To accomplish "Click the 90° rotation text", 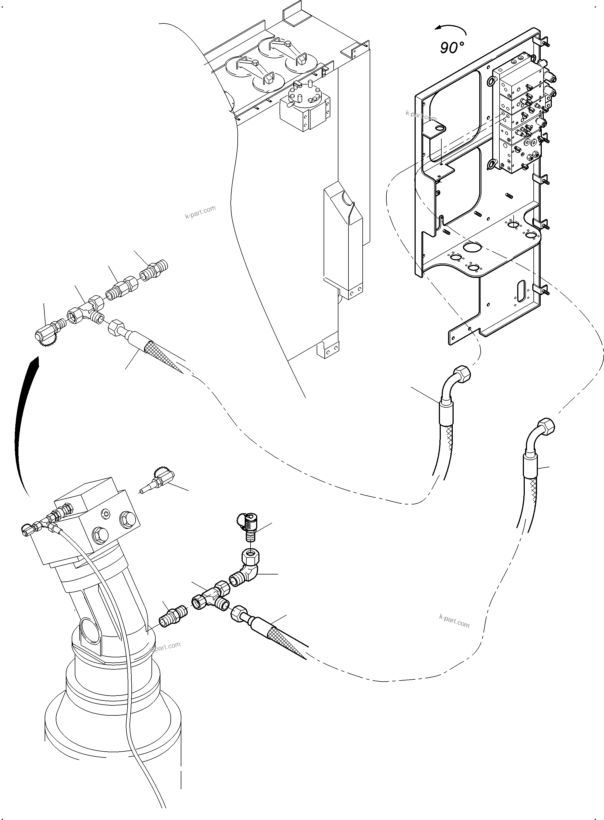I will click(452, 47).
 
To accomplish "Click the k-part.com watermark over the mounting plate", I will click(421, 116).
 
